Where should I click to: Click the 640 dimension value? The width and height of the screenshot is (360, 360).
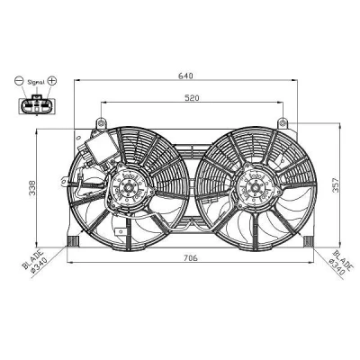pos(185,76)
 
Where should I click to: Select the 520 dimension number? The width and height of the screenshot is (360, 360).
pos(192,98)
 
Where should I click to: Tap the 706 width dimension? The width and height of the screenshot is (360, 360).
pos(191,257)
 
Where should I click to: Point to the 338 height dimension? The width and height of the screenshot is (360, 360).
pos(32,188)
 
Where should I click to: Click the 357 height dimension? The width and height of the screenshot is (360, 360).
pos(335,185)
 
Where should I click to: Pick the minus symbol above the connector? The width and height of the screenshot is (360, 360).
pos(19,81)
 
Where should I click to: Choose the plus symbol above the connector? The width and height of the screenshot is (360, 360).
pos(52,80)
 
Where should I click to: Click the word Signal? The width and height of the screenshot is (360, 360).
pos(36,82)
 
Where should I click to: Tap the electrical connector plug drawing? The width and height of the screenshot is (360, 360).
pos(37,104)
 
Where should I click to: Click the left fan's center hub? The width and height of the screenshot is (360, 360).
pos(129,188)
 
